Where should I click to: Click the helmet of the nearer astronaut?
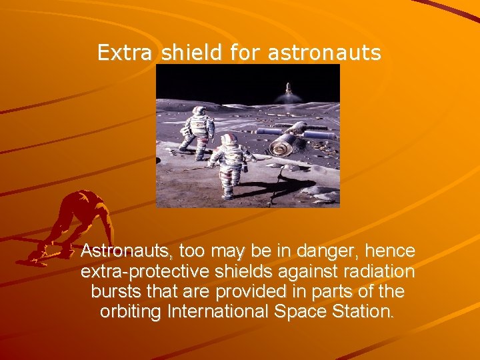coord(229,139)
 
